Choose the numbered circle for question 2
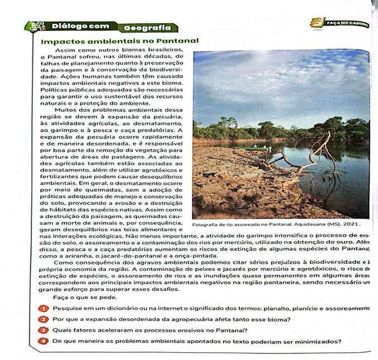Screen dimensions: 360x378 pyautogui.click(x=42, y=319)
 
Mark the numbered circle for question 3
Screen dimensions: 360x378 pyautogui.click(x=42, y=330)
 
